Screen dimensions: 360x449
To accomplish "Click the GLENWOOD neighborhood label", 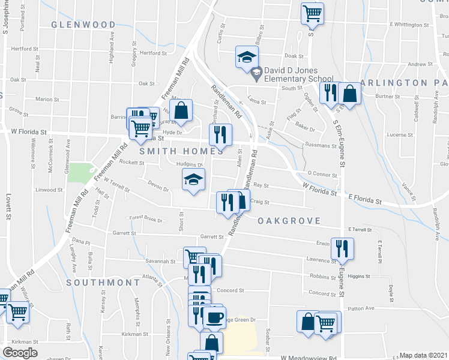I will pyautogui.click(x=83, y=25).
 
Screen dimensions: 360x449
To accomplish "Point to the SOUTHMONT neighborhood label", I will pyautogui.click(x=103, y=282).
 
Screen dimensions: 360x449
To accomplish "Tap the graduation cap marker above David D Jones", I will pyautogui.click(x=246, y=58).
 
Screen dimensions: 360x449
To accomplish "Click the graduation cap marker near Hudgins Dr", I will pyautogui.click(x=193, y=180).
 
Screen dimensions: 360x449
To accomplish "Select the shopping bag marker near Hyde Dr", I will pyautogui.click(x=181, y=111).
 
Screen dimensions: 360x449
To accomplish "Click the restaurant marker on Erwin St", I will pyautogui.click(x=342, y=248).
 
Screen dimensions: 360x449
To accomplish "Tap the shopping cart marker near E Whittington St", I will pyautogui.click(x=312, y=13).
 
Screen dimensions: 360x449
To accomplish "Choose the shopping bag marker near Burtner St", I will pyautogui.click(x=349, y=94).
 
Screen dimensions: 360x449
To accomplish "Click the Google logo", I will pyautogui.click(x=20, y=353).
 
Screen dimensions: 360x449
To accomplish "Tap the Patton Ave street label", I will pyautogui.click(x=361, y=308).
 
